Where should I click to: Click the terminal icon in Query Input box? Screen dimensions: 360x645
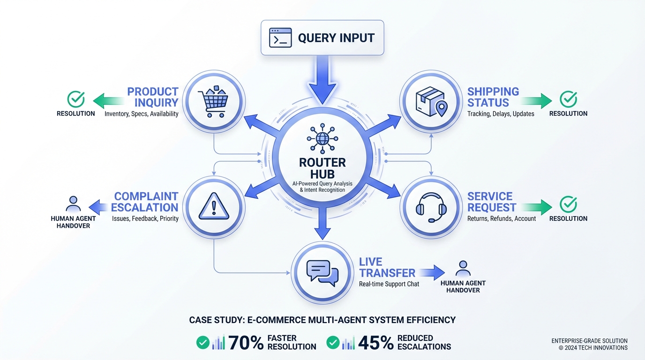(280, 38)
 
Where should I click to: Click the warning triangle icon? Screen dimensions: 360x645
(213, 207)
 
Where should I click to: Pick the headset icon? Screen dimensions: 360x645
(431, 207)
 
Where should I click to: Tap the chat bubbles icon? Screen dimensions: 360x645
(322, 273)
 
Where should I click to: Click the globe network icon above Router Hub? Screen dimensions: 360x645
(322, 138)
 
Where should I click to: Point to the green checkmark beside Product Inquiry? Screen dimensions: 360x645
(76, 99)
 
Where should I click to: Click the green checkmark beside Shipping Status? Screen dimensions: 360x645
(569, 99)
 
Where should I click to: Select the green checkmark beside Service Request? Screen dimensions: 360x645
(569, 204)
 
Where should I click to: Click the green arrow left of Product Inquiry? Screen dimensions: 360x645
(109, 100)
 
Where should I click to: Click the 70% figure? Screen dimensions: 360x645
(246, 343)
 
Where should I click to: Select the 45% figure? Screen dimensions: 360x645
(375, 343)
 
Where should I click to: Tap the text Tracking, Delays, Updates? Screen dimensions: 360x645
(501, 114)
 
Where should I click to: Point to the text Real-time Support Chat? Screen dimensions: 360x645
(389, 284)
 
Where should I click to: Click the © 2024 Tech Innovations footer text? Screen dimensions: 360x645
(593, 348)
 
